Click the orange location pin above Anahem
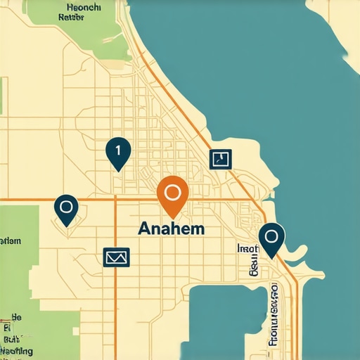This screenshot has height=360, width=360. pos(172,194)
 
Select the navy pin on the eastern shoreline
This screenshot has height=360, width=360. pos(271,239)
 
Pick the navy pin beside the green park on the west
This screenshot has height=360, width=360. pos(67,210)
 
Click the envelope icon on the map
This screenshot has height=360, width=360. pos(116,257)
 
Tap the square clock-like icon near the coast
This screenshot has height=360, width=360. pos(221,159)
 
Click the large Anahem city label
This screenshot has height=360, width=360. pos(172,229)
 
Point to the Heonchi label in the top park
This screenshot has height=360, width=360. pos(84,8)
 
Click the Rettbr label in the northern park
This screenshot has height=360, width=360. pos(78,19)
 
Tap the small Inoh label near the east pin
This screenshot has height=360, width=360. pos(248,248)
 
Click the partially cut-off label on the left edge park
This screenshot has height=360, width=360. pos(10,241)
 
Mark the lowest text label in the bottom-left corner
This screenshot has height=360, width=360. pos(17,349)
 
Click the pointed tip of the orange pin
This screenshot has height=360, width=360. pos(173,216)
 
